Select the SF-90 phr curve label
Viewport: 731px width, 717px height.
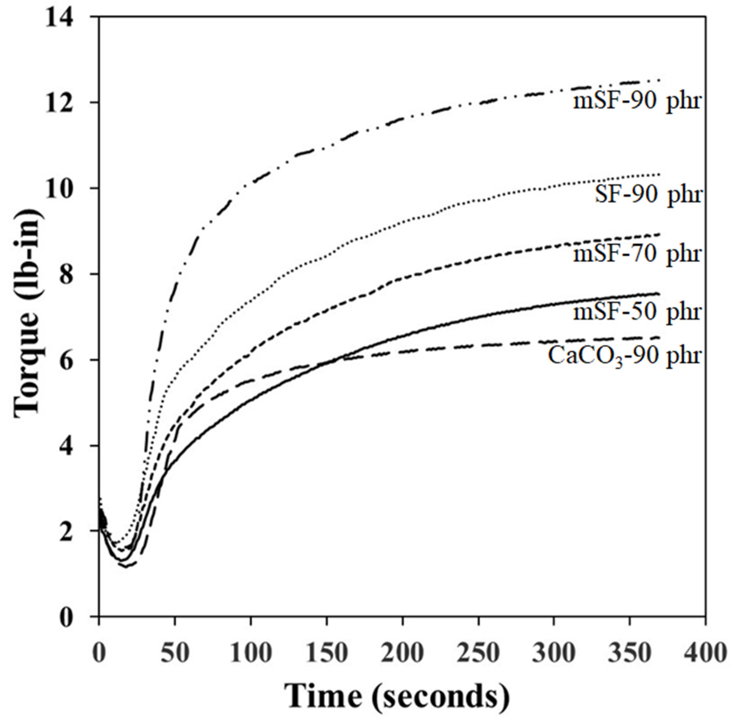(648, 195)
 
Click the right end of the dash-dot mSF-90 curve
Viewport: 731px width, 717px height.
(659, 80)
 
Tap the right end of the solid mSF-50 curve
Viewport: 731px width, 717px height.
(659, 294)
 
